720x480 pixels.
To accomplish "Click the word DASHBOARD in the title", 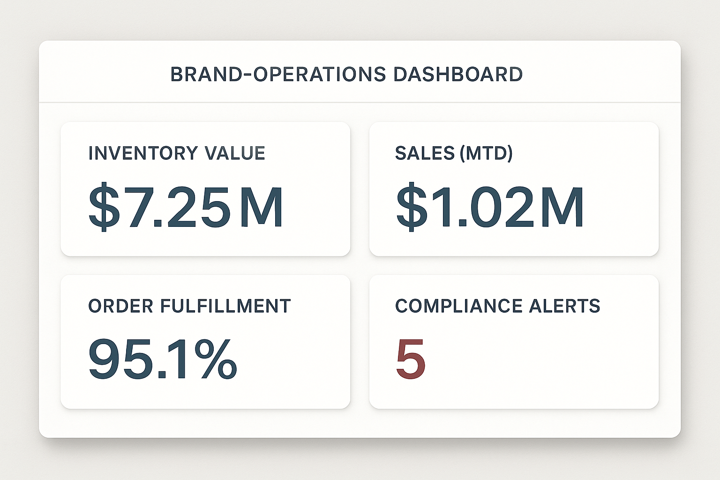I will pos(458,75).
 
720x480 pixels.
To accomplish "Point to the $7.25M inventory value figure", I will pos(186,207).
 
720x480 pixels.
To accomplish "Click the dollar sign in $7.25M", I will pos(104,207).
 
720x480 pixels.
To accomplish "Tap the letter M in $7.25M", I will pos(262,207).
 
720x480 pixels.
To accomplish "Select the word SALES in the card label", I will pos(425,153).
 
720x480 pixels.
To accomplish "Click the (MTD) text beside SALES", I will pos(486,153).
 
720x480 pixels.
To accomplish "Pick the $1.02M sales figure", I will pos(490,207).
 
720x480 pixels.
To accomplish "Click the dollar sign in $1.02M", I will pos(412,207).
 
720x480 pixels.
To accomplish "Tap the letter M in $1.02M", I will pos(562,207).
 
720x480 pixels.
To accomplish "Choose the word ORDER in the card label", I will pos(120,306).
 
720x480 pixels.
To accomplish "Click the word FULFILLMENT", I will pos(225,306).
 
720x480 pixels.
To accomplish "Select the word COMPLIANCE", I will pos(459,306).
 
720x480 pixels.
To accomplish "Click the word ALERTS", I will pos(564,306).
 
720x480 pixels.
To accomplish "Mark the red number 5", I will pos(411,360).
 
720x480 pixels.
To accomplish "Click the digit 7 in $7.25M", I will pos(137,207).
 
